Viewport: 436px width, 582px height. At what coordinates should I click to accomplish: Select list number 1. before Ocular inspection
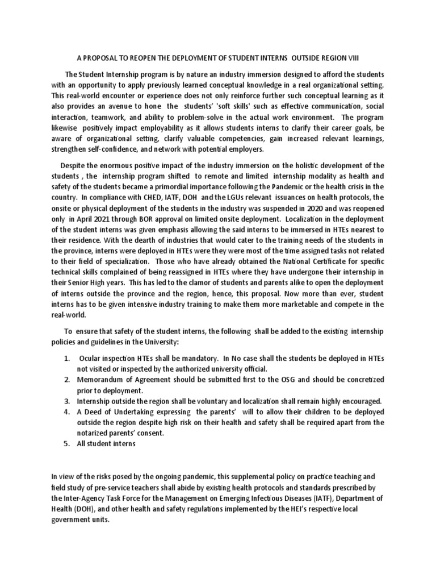pos(67,359)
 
